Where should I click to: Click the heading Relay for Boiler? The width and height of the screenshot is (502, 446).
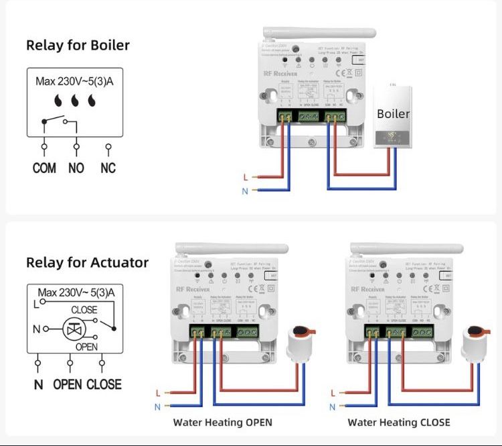coord(78,46)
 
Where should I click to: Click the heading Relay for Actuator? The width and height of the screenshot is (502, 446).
coord(87,262)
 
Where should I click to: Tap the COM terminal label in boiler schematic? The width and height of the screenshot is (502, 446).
coord(44,168)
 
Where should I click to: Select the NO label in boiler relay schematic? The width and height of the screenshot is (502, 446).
coord(76,168)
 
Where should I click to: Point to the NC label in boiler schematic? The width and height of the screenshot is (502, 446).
coord(108,168)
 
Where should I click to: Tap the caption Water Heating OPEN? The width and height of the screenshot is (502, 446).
coord(223,423)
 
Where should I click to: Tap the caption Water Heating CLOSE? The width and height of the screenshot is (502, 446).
coord(399,423)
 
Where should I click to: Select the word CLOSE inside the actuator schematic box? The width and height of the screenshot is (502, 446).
coord(85,310)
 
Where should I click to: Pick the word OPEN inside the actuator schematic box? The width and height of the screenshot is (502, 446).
coord(87,347)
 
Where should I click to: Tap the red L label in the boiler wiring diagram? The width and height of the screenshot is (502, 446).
coord(246,177)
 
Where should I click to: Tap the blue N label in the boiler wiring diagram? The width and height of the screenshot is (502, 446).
coord(246,191)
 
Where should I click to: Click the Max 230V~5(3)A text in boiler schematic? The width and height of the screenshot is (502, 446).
coord(76,82)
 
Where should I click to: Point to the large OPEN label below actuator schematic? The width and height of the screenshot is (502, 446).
coord(68,384)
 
